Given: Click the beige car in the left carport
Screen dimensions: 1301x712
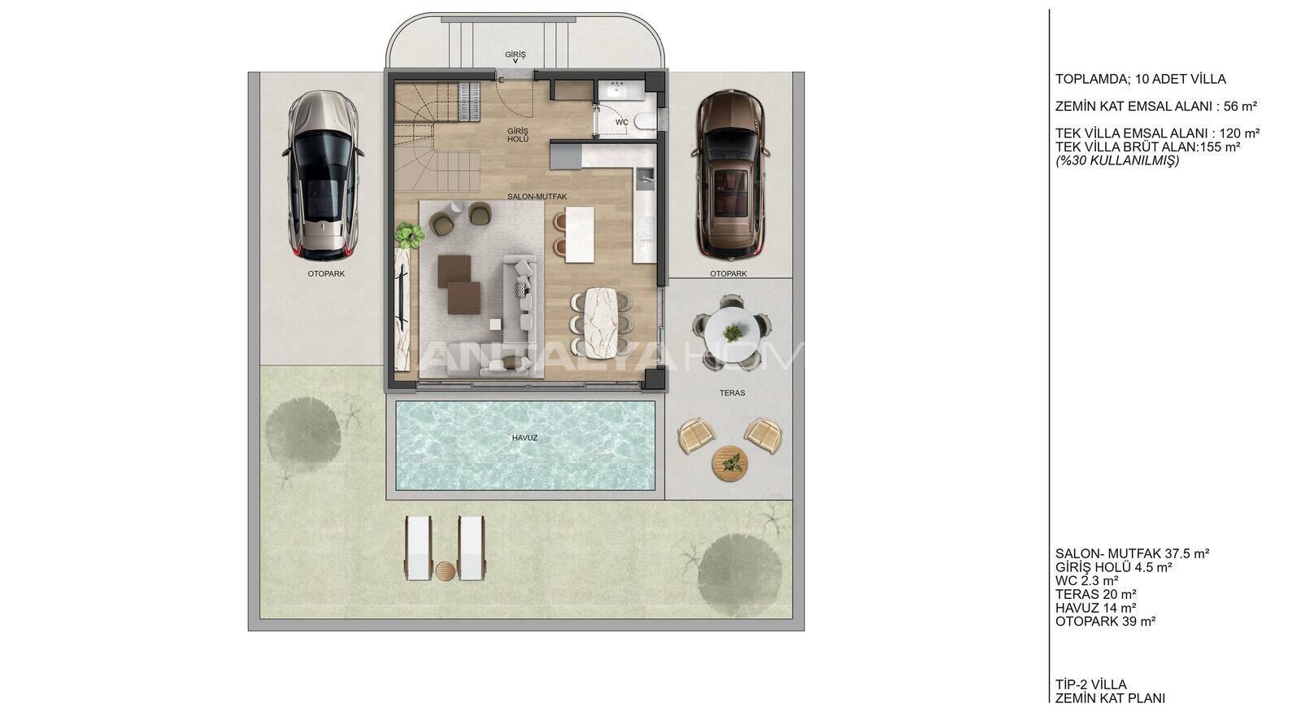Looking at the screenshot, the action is (323, 175).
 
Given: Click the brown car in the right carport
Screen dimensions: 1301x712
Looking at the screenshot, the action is (731, 174).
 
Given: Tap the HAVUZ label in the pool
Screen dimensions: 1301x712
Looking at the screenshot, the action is (524, 438).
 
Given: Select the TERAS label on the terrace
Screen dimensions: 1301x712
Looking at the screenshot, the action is (732, 393).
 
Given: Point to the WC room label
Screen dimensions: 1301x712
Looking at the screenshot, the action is (621, 123).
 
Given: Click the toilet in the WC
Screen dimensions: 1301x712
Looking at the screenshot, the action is (645, 121).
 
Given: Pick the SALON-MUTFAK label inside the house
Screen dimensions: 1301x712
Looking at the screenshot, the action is (537, 196).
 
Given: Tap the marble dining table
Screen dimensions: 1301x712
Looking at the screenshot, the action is (601, 322).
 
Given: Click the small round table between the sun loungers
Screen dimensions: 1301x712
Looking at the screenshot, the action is (445, 570).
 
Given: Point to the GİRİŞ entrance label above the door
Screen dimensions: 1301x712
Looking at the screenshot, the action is (515, 54).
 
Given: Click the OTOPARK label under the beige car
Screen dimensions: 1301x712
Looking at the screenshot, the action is (326, 273).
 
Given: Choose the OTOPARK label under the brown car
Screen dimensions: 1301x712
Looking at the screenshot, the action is (729, 273).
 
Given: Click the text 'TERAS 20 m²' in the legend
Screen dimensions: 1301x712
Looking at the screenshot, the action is (1095, 594).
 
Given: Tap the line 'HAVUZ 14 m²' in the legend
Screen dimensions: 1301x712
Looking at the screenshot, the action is (1096, 608).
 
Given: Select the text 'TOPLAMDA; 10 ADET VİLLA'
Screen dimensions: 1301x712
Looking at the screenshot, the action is (1141, 79).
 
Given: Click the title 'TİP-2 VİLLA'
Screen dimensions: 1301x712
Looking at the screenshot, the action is (1090, 684).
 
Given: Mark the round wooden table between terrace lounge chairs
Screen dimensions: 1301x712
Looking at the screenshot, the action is (729, 463).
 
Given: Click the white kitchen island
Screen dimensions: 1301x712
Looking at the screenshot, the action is (580, 235).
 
